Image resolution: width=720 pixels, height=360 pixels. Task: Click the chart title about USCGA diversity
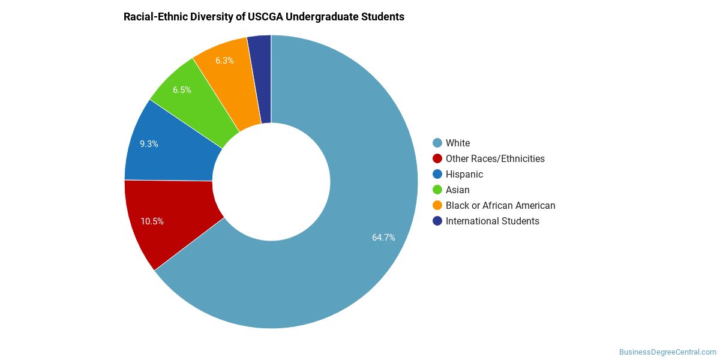pyautogui.click(x=264, y=17)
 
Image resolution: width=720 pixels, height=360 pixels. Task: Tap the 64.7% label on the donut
pyautogui.click(x=383, y=238)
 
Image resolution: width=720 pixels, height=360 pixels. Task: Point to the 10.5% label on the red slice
pyautogui.click(x=152, y=221)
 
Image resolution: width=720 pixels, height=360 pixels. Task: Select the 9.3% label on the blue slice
pyautogui.click(x=149, y=144)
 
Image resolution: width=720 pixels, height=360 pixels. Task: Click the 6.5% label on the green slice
pyautogui.click(x=182, y=90)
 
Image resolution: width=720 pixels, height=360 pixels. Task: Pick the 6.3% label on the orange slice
pyautogui.click(x=224, y=61)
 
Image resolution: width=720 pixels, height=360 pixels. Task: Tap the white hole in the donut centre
pyautogui.click(x=271, y=182)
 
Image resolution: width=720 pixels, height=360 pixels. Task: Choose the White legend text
pyautogui.click(x=458, y=143)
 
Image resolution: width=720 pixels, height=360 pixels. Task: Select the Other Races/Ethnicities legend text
pyautogui.click(x=495, y=159)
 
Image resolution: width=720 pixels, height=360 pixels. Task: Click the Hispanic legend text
pyautogui.click(x=464, y=175)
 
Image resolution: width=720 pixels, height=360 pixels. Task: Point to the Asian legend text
pyautogui.click(x=457, y=190)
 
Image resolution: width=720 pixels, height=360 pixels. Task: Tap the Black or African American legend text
pyautogui.click(x=500, y=206)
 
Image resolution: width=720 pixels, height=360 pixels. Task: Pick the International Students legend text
pyautogui.click(x=493, y=221)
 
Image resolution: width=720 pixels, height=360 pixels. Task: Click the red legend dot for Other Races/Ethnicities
pyautogui.click(x=437, y=159)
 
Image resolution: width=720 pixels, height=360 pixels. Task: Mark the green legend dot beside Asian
pyautogui.click(x=437, y=190)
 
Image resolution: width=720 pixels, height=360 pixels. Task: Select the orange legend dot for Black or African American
pyautogui.click(x=437, y=206)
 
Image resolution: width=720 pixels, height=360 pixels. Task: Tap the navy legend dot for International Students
pyautogui.click(x=437, y=221)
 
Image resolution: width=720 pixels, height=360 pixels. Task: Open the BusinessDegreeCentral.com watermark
pyautogui.click(x=668, y=352)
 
